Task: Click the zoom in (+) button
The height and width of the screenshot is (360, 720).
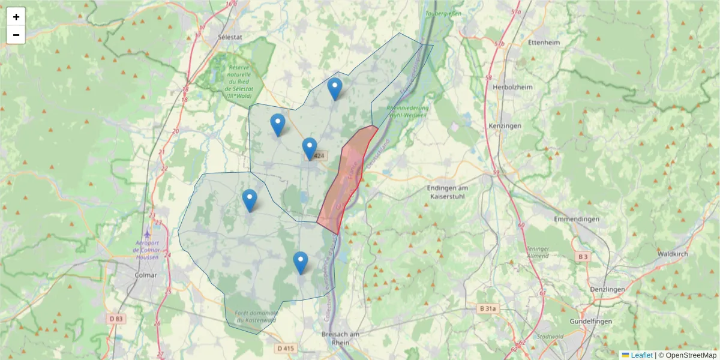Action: [x=16, y=17]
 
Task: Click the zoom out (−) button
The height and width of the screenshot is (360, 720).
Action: [x=16, y=35]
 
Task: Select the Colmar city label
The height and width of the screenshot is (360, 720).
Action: [x=146, y=275]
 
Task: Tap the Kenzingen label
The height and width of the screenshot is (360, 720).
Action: [x=505, y=125]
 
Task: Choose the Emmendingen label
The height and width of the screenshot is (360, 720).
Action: [x=577, y=219]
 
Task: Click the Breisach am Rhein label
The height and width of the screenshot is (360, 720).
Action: [x=340, y=338]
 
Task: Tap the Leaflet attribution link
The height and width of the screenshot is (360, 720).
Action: [x=641, y=355]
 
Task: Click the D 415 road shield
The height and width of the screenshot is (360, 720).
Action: [x=286, y=348]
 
